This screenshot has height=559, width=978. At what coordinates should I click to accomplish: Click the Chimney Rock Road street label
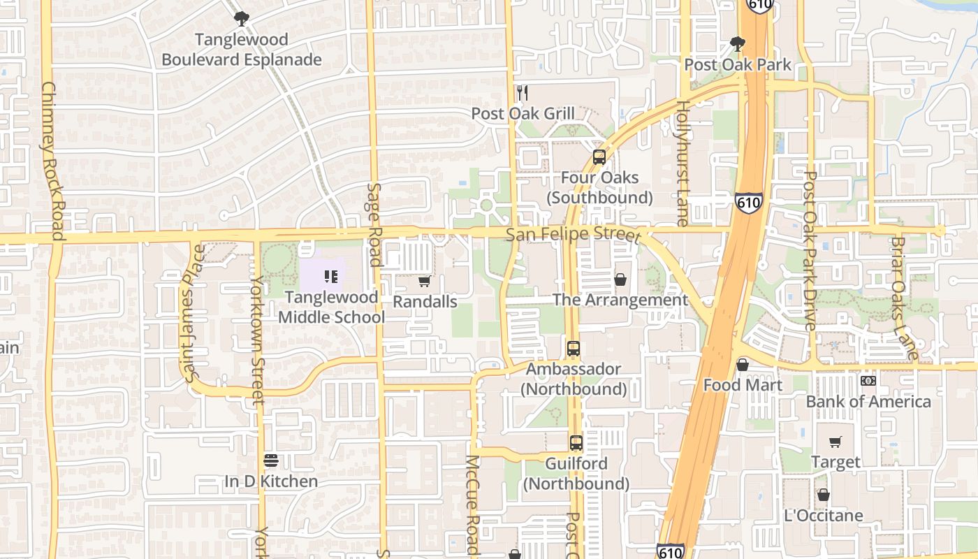[53, 161]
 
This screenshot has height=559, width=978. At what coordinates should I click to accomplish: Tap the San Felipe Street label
[573, 234]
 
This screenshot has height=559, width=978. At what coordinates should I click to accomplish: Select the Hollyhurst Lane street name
[683, 162]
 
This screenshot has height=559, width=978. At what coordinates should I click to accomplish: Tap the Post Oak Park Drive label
[810, 252]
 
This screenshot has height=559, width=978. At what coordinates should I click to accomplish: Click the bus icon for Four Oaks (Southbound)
[599, 157]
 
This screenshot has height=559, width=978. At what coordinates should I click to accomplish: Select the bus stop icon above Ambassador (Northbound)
[574, 348]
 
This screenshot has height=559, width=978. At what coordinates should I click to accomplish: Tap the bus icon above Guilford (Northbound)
[576, 442]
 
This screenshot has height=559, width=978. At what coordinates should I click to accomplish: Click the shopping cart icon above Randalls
[424, 282]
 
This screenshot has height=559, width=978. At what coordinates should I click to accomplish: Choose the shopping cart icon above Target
[835, 442]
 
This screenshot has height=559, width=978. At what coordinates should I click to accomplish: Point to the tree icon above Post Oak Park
[737, 43]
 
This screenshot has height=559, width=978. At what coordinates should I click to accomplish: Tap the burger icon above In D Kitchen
[271, 460]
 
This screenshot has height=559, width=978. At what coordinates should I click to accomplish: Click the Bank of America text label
[868, 402]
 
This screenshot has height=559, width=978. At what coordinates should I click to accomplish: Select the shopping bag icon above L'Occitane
[824, 495]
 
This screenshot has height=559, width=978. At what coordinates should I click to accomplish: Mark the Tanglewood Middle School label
[331, 307]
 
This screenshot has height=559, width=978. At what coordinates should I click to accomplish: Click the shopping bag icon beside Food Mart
[743, 365]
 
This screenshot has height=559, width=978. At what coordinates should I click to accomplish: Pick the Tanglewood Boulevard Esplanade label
[242, 50]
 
